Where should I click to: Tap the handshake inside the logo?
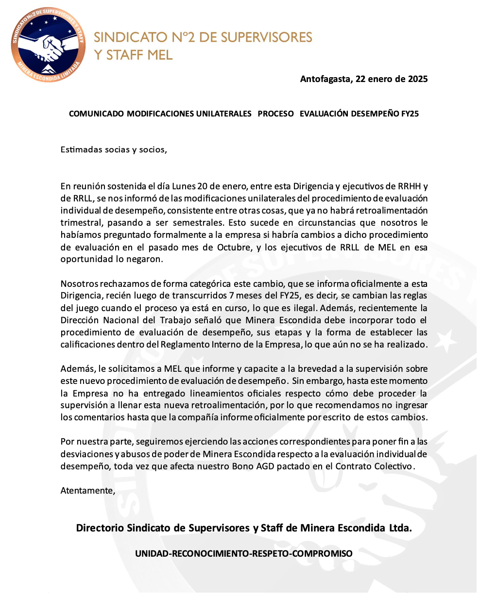point(48,47)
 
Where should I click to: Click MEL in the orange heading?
point(158,54)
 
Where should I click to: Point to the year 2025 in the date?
point(417,79)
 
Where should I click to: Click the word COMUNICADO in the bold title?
point(96,114)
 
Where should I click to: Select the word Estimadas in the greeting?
point(80,149)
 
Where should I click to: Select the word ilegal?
point(305,308)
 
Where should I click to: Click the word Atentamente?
point(87,491)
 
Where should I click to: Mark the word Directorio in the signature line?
point(100,528)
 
